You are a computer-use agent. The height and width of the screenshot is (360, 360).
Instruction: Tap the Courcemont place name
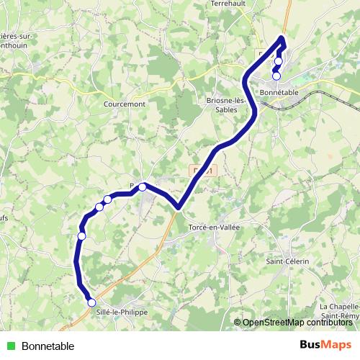pyautogui.click(x=125, y=104)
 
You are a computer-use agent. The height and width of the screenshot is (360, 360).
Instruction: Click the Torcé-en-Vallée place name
pyautogui.click(x=213, y=227)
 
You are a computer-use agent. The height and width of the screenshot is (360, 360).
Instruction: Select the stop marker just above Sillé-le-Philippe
pyautogui.click(x=91, y=302)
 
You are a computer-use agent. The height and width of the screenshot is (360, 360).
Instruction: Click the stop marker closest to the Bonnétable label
pyautogui.click(x=276, y=76)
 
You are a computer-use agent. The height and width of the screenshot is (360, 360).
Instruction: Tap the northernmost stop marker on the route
pyautogui.click(x=279, y=61)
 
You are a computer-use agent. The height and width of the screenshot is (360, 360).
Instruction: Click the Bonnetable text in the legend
pyautogui.click(x=48, y=346)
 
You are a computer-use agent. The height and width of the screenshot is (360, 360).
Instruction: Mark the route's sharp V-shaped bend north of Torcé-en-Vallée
pyautogui.click(x=178, y=207)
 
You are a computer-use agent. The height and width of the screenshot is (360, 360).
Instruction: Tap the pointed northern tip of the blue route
pyautogui.click(x=282, y=37)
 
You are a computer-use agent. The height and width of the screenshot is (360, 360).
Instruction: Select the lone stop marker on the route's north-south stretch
pyautogui.click(x=81, y=235)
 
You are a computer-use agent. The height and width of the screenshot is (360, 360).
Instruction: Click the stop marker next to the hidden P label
pyautogui.click(x=143, y=187)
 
